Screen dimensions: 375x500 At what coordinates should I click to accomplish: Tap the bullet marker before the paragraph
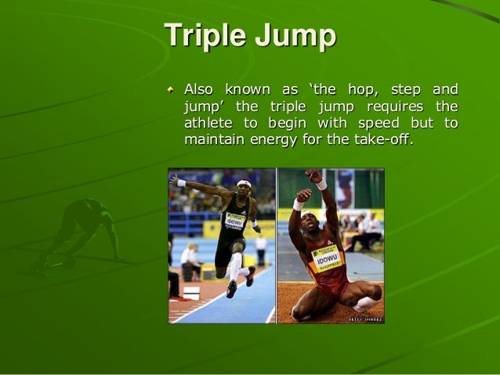172,89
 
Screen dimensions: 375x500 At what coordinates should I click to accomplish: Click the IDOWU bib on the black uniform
234,220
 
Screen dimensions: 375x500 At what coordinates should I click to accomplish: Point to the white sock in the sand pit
362,302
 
